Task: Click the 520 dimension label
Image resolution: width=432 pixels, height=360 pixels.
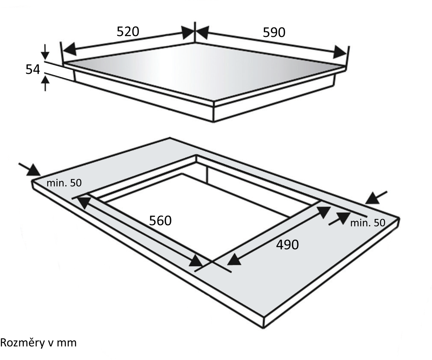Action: [x=128, y=32]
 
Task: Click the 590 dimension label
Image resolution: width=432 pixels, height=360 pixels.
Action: [x=274, y=32]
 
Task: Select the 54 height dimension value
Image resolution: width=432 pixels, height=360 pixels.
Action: [x=32, y=69]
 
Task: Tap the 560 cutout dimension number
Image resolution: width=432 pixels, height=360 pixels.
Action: [x=160, y=221]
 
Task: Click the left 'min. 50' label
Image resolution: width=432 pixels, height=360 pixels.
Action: [x=64, y=183]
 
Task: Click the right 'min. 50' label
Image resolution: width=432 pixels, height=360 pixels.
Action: [x=368, y=223]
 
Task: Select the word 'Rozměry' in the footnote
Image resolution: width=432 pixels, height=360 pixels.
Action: [x=22, y=343]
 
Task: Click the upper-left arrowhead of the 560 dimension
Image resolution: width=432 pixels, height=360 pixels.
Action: [x=85, y=202]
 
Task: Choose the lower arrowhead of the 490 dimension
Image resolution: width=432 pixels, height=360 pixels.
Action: [x=234, y=259]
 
